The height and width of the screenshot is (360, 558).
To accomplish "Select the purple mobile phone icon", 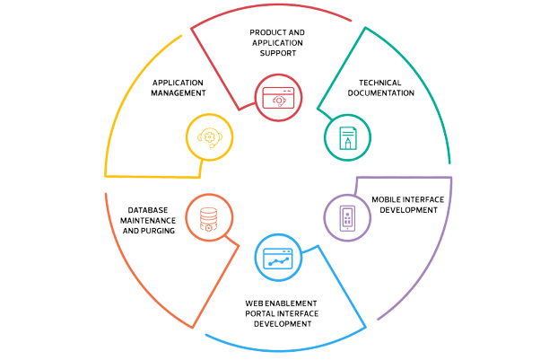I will click(x=344, y=216).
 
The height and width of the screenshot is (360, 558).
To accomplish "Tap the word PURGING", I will click(x=162, y=231).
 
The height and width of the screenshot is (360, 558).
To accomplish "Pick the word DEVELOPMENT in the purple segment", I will click(x=410, y=210).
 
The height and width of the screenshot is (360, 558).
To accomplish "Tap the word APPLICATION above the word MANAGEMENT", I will click(x=179, y=82).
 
